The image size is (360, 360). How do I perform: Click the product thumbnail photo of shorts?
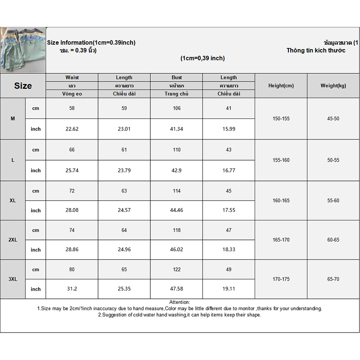coord(23,49)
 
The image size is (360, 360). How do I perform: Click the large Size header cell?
coord(23,86)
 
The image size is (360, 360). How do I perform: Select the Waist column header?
coord(72,77)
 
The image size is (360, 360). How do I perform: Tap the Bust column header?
coord(177,77)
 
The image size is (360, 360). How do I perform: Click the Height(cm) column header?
coord(281,85)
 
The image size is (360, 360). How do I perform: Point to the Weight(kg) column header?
coord(333,85)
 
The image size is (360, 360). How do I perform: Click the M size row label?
coord(13,118)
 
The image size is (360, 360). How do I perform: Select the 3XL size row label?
coord(13,279)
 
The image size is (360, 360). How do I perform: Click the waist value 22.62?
coord(72,129)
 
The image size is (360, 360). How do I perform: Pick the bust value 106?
coord(177,108)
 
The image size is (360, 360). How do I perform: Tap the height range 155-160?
coord(281,160)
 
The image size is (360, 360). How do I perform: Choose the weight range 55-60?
coord(333,201)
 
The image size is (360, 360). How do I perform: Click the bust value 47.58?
coord(177,289)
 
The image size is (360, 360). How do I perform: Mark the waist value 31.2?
coord(72,289)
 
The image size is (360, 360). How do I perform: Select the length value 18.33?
coord(229,250)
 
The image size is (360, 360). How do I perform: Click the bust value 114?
coord(177,191)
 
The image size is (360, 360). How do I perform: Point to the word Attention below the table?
coord(180,302)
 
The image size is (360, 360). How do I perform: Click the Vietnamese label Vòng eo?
coord(72,94)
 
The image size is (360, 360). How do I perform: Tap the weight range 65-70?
coord(333,279)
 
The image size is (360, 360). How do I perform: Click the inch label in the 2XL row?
coord(36,250)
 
